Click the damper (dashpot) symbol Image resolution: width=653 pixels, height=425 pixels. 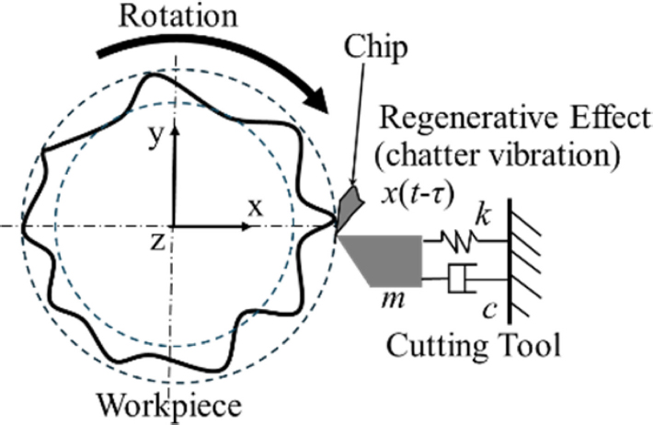coord(459,278)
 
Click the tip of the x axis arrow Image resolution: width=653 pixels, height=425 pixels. coord(270,226)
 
